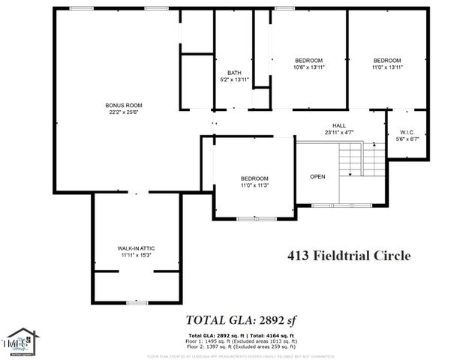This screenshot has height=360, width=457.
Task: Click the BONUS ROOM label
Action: (x=124, y=105)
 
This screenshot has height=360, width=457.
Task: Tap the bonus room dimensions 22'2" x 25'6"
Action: (x=124, y=112)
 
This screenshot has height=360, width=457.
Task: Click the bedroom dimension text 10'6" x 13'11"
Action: (x=308, y=67)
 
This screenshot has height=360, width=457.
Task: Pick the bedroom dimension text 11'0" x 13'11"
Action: (x=387, y=67)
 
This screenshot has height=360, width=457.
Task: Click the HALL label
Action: (x=339, y=125)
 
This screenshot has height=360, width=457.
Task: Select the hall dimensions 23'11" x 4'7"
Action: (x=339, y=132)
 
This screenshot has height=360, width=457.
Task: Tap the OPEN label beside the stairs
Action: (x=317, y=177)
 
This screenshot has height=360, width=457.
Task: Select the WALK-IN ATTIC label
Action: (x=136, y=247)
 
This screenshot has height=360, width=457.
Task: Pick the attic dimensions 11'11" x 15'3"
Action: (x=136, y=255)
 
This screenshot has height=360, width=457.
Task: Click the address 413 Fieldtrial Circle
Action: (x=350, y=256)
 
